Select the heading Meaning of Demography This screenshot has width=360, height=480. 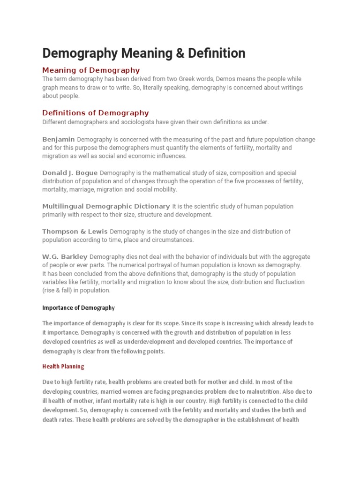click(x=91, y=70)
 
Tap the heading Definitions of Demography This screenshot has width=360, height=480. click(x=96, y=113)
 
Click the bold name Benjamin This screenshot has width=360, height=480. click(x=59, y=139)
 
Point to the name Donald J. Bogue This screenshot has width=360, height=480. click(x=70, y=172)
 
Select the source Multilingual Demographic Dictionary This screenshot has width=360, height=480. click(x=106, y=206)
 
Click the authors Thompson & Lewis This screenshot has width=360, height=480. click(x=75, y=231)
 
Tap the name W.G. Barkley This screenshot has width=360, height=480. click(x=65, y=256)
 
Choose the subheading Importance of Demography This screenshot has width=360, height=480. click(x=78, y=308)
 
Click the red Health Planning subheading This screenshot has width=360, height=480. click(x=63, y=366)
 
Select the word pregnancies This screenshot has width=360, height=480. click(x=183, y=391)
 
